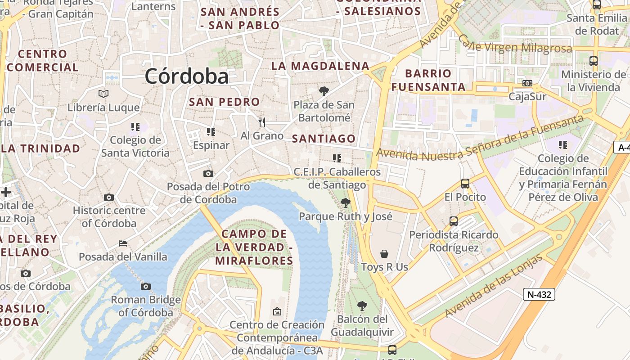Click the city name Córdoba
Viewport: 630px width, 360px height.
tap(186, 76)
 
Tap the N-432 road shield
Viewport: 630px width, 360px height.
tap(539, 294)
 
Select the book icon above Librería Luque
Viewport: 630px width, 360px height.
tap(103, 94)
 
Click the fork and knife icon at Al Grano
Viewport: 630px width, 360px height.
tap(262, 122)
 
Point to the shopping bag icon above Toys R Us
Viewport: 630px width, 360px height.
tap(384, 254)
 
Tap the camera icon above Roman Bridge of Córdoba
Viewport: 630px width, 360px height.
tap(145, 286)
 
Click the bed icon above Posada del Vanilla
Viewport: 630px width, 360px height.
tap(123, 243)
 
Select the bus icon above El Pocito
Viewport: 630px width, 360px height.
tap(465, 184)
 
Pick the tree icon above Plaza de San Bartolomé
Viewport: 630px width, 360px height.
tap(324, 92)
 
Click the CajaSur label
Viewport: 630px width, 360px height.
tap(527, 96)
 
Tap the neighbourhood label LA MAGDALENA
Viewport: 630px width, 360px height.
tap(320, 66)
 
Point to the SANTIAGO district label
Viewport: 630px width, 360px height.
tap(324, 139)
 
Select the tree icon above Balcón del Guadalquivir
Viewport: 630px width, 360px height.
tap(362, 306)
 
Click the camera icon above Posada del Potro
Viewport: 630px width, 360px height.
tap(208, 173)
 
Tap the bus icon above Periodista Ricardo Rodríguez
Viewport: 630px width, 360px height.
tap(454, 221)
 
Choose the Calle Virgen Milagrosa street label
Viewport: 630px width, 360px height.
tap(516, 45)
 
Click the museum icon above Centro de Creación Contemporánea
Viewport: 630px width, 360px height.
tap(277, 311)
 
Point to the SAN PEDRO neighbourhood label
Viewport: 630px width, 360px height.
tap(224, 102)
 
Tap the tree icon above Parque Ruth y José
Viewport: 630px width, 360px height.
tap(345, 203)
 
